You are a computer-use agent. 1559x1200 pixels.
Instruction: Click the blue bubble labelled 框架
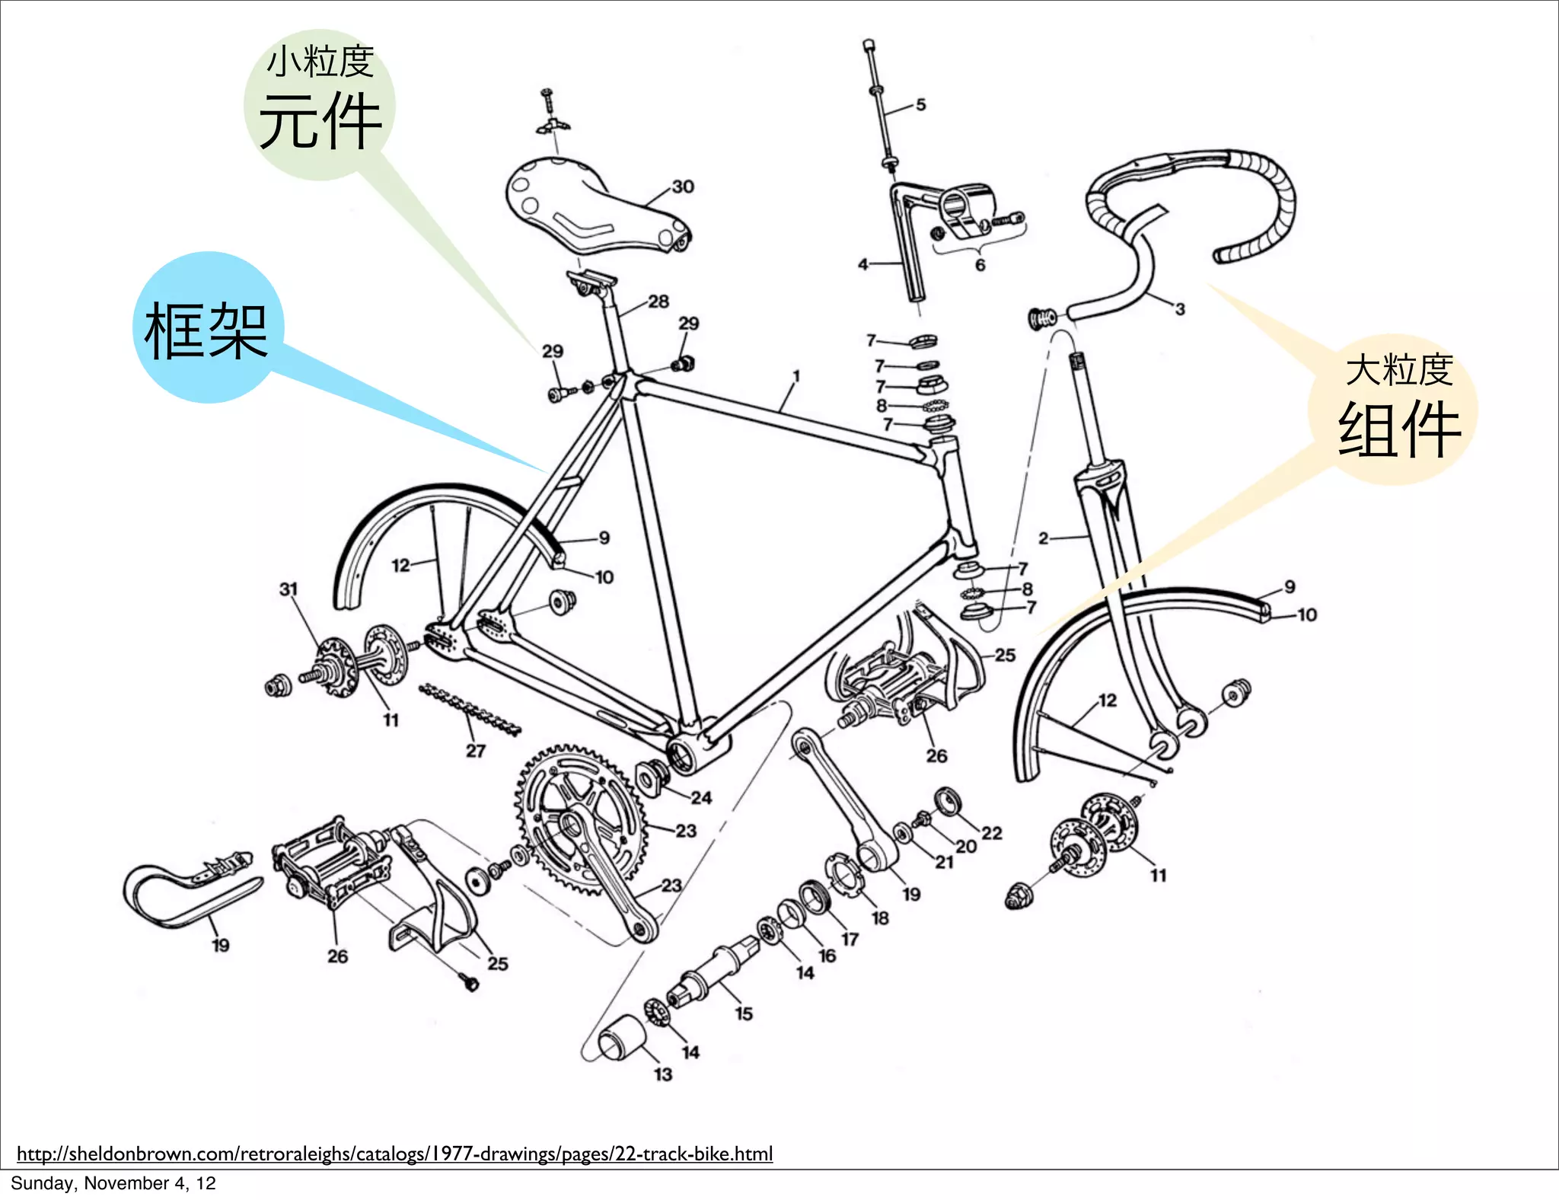click(x=207, y=328)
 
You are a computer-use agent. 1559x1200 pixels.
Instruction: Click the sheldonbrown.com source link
click(x=394, y=1154)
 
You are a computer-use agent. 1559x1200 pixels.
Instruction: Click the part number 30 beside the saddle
click(x=683, y=187)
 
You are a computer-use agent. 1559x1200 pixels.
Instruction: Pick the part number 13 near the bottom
click(x=663, y=1074)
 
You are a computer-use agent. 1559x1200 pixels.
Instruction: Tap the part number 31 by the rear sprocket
click(x=289, y=589)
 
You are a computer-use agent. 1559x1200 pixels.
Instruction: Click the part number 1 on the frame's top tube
click(x=796, y=375)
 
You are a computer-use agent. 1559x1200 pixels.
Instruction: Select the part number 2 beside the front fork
click(x=1044, y=538)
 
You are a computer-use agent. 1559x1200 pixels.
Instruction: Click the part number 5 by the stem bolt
click(x=921, y=104)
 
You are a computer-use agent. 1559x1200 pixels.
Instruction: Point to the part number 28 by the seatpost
click(x=658, y=302)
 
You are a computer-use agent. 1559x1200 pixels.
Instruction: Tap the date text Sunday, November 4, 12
click(x=113, y=1183)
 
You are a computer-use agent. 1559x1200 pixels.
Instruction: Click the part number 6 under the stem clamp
click(x=980, y=265)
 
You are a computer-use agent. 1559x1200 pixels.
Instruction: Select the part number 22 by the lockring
click(x=991, y=833)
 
